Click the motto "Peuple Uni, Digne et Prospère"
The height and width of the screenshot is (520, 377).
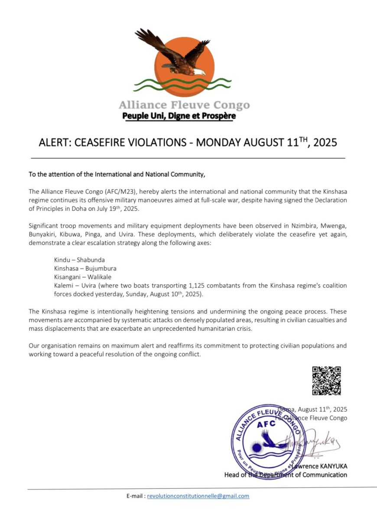tap(179, 116)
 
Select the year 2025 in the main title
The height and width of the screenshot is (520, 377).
tap(322, 142)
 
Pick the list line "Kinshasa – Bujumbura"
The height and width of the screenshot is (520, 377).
tap(79, 268)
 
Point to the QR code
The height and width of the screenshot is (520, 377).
tap(326, 381)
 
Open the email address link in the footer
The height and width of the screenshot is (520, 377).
tap(198, 496)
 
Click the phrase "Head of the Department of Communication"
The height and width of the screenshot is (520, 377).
tap(286, 475)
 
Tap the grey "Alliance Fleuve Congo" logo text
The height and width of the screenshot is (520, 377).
tap(184, 105)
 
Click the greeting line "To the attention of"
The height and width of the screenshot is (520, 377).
tap(57, 175)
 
